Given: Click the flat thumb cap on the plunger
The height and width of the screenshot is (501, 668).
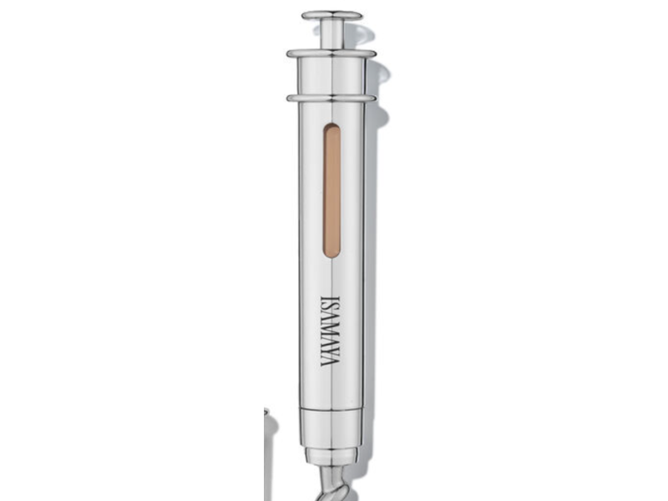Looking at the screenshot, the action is click(x=332, y=16).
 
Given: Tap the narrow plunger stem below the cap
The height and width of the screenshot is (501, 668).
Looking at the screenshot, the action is click(x=331, y=35).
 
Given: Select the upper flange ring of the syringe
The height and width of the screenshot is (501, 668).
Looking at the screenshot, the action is click(x=331, y=53).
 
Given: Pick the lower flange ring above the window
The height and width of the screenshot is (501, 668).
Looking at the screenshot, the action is click(x=331, y=99).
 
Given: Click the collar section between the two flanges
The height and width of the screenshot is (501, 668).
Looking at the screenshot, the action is click(x=331, y=76).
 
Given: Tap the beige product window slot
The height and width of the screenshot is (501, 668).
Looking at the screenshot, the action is click(x=331, y=190).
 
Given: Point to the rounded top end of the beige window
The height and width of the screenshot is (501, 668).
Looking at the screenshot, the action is click(x=331, y=127).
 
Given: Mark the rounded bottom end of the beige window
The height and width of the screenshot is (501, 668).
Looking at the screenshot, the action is click(x=331, y=254).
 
